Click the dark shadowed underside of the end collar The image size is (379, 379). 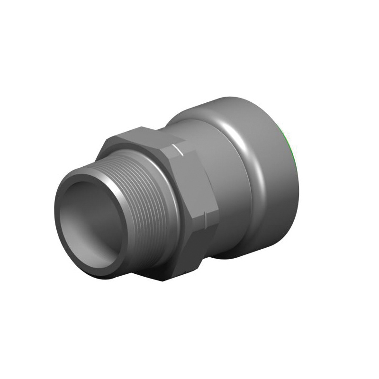(265, 246)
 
